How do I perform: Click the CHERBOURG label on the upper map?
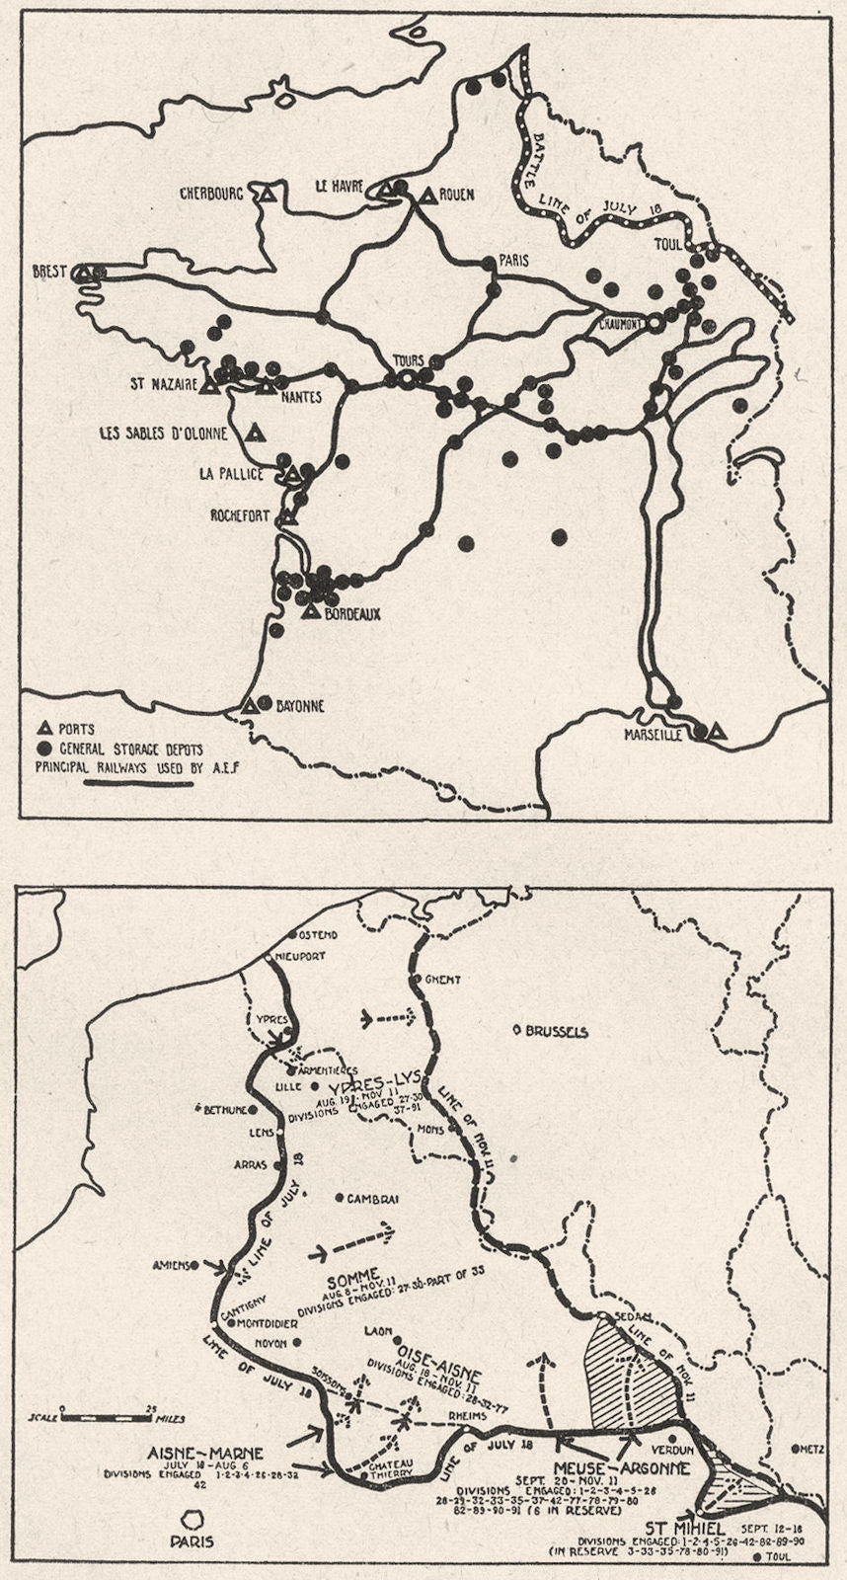(210, 195)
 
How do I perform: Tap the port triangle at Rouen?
(427, 197)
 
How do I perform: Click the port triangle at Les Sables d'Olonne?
(256, 432)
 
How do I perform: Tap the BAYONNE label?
(298, 706)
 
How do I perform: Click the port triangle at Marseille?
(718, 732)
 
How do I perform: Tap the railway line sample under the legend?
(138, 782)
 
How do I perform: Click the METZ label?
(810, 1449)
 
